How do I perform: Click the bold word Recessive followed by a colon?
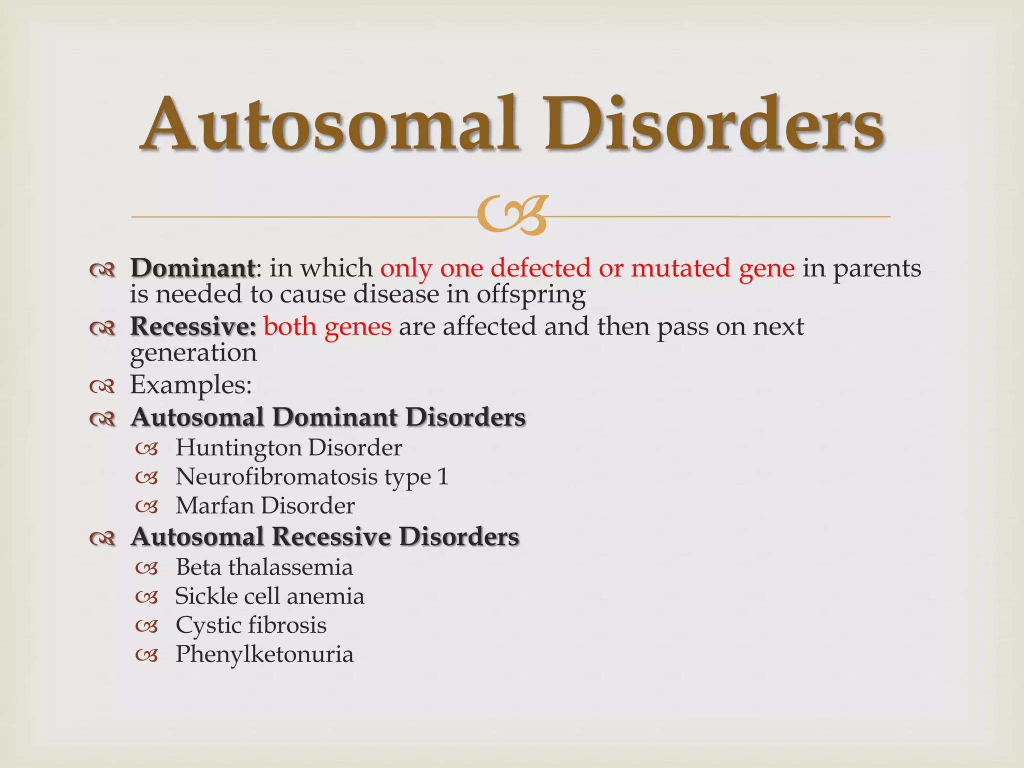[x=193, y=326]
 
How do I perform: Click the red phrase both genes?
[x=327, y=326]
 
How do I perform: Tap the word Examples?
[x=190, y=385]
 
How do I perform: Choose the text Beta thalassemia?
[x=264, y=567]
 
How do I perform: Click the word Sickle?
[x=206, y=596]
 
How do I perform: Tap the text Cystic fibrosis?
[x=251, y=625]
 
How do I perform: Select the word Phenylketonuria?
[x=264, y=654]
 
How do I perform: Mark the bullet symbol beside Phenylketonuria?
[x=147, y=655]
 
